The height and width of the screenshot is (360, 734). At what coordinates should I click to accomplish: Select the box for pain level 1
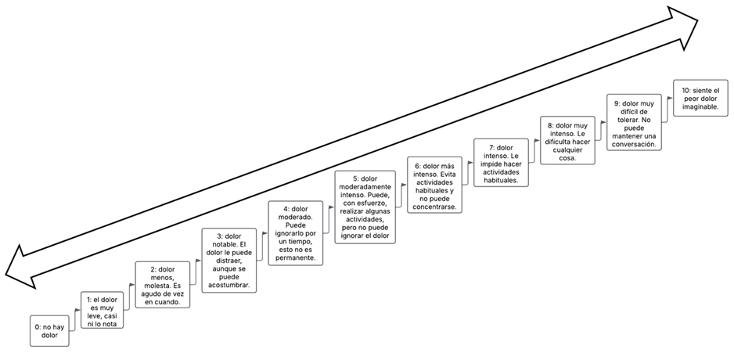(103, 311)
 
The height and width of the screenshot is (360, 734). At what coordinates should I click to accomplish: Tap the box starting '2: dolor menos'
(162, 285)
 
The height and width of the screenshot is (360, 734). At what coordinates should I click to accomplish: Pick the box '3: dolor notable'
(226, 260)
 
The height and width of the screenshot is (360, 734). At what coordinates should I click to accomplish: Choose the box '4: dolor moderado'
(294, 232)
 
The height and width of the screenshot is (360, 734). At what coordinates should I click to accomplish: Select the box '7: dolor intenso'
(501, 163)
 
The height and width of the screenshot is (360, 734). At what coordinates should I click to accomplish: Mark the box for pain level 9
(634, 121)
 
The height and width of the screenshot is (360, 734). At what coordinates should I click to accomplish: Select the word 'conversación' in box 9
(634, 144)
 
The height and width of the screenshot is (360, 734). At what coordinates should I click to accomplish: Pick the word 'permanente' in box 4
(293, 257)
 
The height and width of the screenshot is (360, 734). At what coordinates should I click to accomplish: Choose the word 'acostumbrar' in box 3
(227, 285)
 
